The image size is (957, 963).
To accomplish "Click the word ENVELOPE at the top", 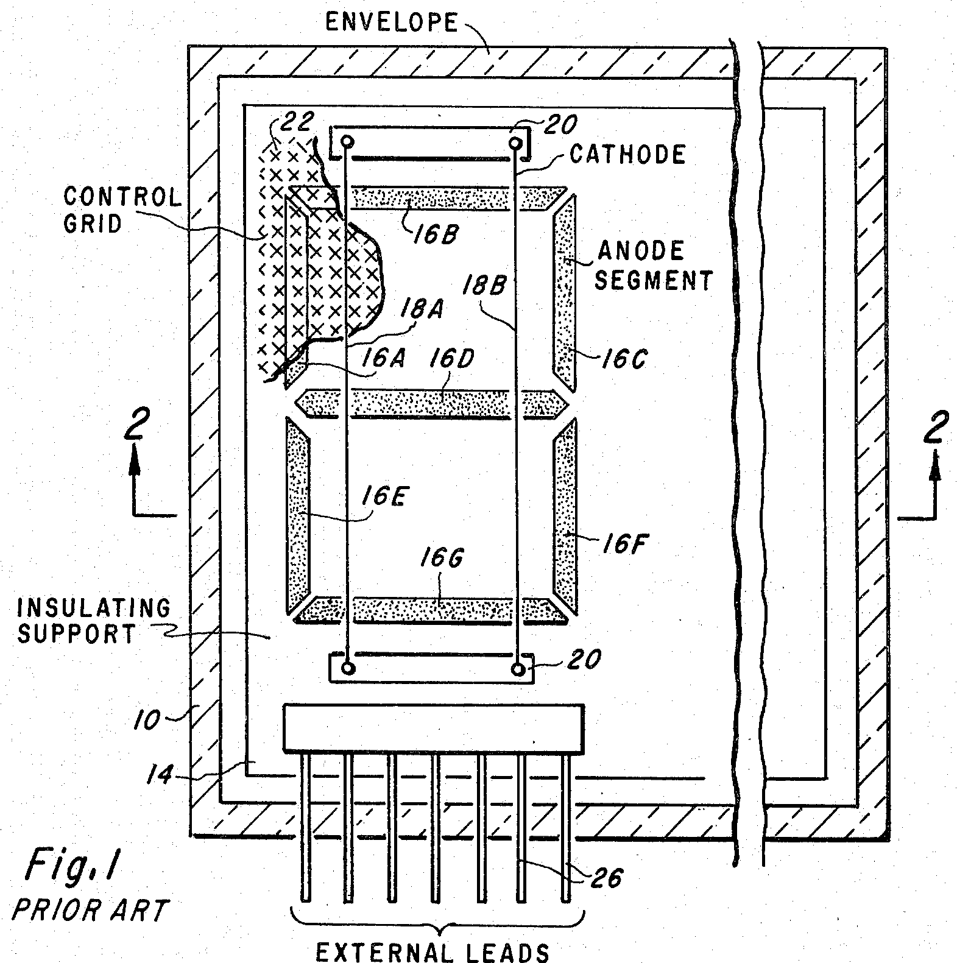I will pyautogui.click(x=391, y=23).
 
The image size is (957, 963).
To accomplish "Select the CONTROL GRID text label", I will pyautogui.click(x=122, y=210).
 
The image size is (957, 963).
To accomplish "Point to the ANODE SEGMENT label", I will pyautogui.click(x=654, y=266).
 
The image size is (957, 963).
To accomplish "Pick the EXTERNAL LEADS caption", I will pyautogui.click(x=433, y=951).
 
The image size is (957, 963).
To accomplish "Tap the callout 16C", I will pyautogui.click(x=623, y=359).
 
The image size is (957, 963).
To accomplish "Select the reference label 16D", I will pyautogui.click(x=451, y=359).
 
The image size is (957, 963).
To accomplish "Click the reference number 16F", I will pyautogui.click(x=623, y=543).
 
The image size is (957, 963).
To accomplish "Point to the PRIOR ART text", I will pyautogui.click(x=89, y=911).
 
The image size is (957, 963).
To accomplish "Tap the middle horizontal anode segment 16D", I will pyautogui.click(x=431, y=403).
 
